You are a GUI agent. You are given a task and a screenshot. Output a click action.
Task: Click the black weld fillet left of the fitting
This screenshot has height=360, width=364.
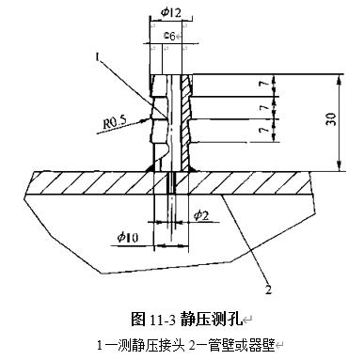pyautogui.click(x=150, y=167)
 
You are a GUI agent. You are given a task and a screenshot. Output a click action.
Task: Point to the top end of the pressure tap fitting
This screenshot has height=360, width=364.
pyautogui.click(x=170, y=76)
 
